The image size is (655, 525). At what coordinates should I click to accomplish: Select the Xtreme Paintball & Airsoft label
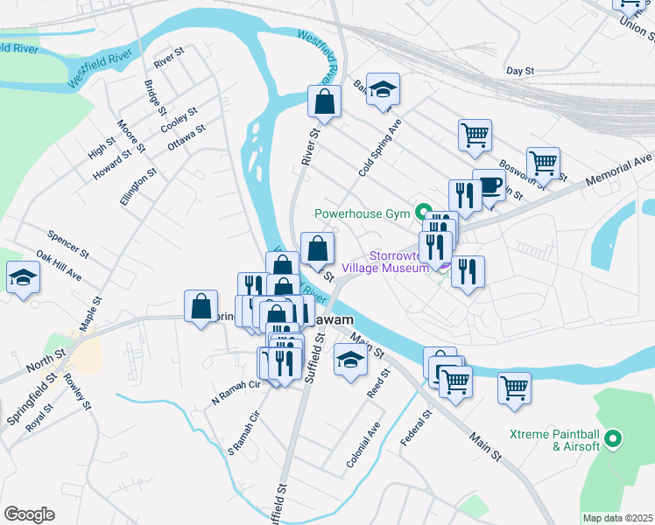(555, 440)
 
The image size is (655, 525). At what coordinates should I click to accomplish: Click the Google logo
(29, 514)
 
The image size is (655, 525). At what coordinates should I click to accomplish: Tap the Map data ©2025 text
(618, 518)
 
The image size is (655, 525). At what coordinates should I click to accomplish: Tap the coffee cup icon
(489, 185)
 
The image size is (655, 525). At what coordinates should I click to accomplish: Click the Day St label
(520, 71)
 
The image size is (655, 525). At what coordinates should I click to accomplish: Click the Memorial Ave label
(628, 164)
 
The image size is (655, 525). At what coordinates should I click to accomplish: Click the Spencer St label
(68, 244)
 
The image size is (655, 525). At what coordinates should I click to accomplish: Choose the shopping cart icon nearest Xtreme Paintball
(514, 388)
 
